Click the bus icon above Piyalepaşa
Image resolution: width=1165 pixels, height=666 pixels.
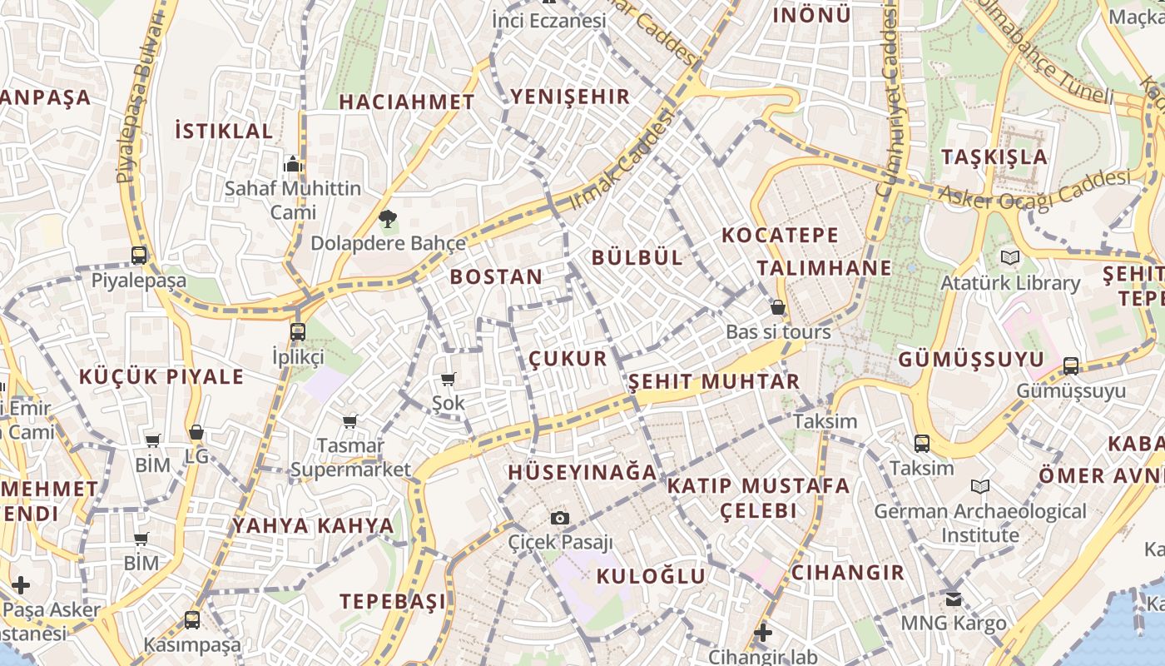tap(139, 256)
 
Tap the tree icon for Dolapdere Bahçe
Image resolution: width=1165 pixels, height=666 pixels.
tap(387, 220)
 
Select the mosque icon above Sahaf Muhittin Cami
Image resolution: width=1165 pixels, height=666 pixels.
tap(292, 165)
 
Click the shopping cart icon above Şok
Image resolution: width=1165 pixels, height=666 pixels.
tap(449, 380)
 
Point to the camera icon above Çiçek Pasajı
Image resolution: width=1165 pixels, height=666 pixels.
tap(560, 519)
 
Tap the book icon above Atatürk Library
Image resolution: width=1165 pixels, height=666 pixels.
tap(1010, 258)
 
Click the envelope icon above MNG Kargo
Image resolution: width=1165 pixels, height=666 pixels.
tap(954, 599)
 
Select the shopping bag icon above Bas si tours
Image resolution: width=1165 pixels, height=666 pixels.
tap(778, 308)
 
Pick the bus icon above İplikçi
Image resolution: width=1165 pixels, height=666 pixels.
tap(298, 331)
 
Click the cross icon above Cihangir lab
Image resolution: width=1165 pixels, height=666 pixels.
tap(762, 633)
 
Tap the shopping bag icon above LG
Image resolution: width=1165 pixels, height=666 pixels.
tap(196, 432)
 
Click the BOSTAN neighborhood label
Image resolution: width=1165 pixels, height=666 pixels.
tap(496, 277)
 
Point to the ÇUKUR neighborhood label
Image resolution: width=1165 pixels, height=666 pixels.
tap(568, 359)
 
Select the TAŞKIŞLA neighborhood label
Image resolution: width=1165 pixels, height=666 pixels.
tap(994, 157)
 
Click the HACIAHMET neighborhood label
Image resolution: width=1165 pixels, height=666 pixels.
tap(407, 102)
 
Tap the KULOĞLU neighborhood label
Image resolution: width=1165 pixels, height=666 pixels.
tap(651, 576)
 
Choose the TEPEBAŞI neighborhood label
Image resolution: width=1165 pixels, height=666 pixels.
tap(393, 601)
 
